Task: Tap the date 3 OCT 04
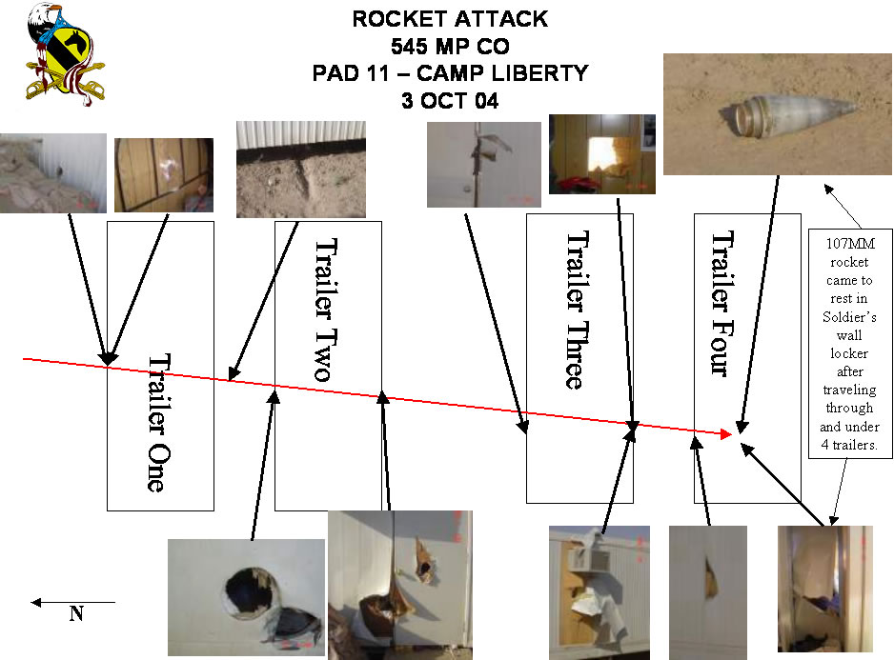449,101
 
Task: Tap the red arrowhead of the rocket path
726,434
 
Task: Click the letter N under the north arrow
75,615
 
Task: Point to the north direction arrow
72,602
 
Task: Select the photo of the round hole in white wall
246,598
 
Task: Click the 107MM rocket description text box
847,342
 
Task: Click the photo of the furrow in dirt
300,169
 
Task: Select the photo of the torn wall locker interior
824,590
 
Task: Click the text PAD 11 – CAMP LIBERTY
450,73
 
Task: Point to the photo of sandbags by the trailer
52,172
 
